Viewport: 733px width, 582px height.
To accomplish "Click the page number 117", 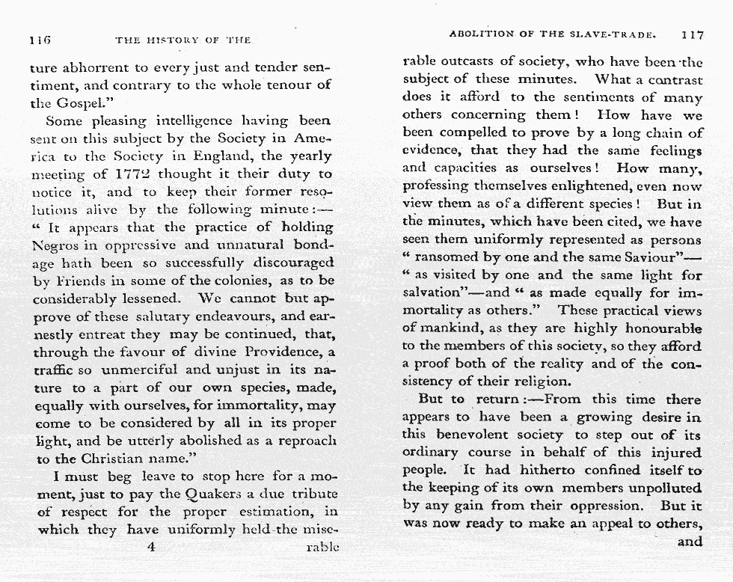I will pyautogui.click(x=692, y=34).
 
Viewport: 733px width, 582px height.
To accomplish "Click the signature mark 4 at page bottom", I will pyautogui.click(x=152, y=546).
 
